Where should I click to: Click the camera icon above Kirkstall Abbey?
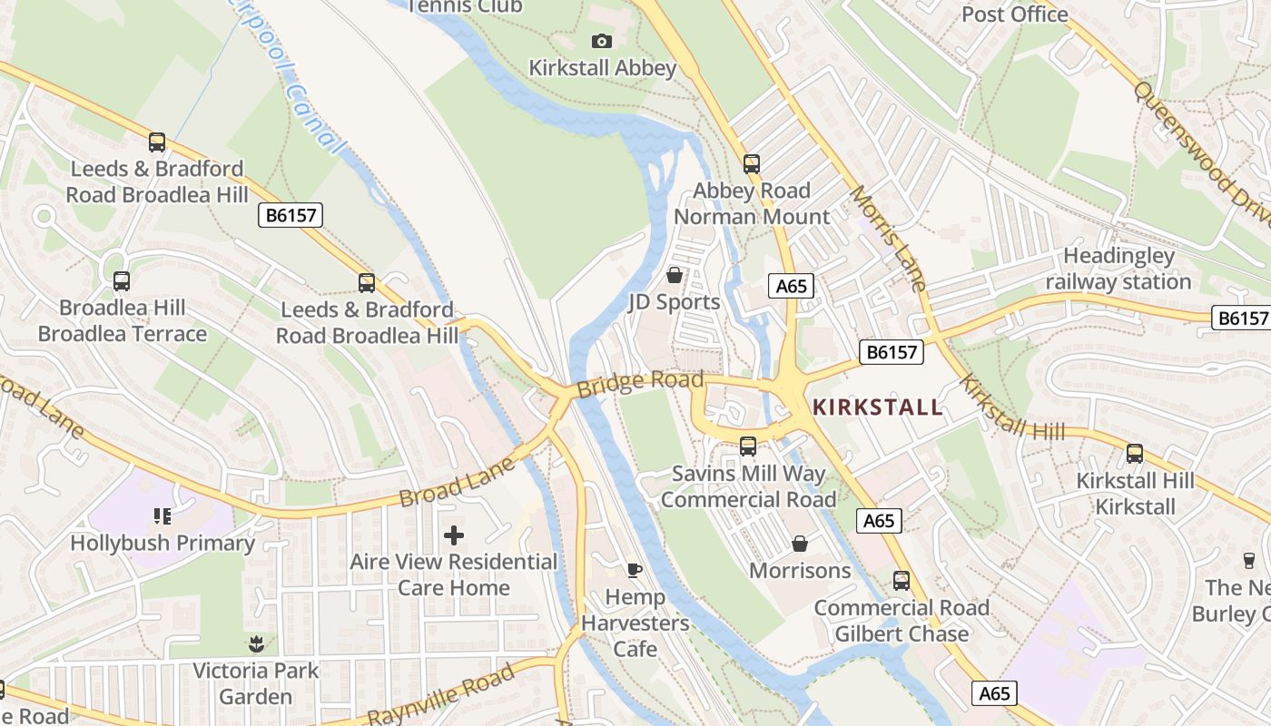pos(601,41)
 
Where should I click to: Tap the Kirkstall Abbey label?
pos(603,68)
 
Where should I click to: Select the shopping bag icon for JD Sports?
pos(675,274)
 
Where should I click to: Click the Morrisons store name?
pos(800,571)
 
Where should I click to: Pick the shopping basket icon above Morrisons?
pos(800,544)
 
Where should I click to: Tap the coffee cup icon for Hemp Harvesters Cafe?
pos(635,570)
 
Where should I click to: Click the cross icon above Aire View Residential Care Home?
pos(454,535)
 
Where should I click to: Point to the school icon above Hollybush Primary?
pos(163,516)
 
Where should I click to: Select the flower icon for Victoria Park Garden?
pos(256,644)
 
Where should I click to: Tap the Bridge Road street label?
pos(640,382)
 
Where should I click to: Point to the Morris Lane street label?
pos(888,239)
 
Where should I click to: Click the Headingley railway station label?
pos(1118,269)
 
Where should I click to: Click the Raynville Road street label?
pos(442,693)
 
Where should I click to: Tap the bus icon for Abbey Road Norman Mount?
pos(752,164)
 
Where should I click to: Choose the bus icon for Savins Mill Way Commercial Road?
pos(748,446)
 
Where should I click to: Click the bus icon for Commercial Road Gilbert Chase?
pos(902,581)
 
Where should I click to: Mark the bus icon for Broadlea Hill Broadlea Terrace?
pos(122,281)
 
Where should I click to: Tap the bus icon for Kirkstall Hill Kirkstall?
pos(1135,454)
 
